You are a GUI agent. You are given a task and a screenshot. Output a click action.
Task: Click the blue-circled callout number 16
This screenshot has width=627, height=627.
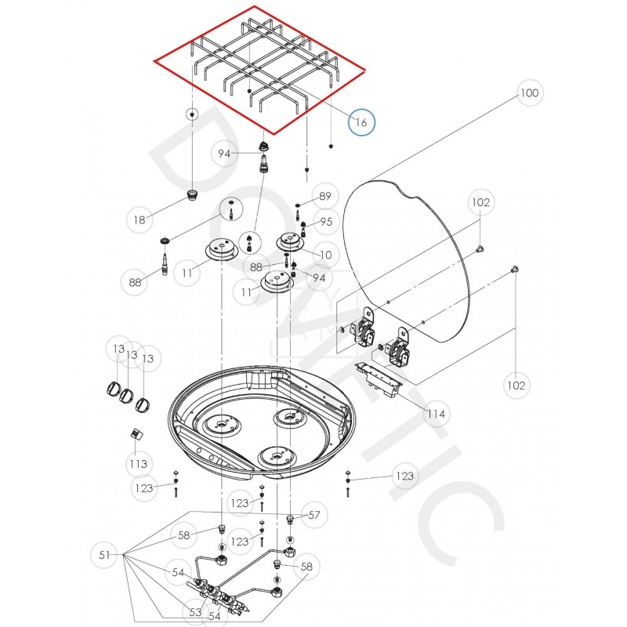361,122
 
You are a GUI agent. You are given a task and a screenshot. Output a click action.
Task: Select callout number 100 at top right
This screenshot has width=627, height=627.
530,93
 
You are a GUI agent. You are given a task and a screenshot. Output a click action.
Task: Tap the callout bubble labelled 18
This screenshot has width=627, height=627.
140,220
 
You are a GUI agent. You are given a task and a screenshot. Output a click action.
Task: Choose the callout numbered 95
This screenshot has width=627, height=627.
326,222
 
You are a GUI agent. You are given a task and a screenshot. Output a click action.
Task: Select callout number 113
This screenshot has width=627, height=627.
139,464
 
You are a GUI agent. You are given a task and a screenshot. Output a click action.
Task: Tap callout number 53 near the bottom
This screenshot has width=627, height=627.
195,611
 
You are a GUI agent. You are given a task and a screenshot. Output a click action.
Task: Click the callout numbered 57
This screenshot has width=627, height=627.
314,515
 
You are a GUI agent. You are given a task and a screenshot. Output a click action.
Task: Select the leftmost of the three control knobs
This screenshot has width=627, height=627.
113,390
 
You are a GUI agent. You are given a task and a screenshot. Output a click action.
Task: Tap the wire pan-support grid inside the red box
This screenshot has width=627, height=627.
259,67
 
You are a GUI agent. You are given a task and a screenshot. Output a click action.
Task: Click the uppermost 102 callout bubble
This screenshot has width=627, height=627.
480,202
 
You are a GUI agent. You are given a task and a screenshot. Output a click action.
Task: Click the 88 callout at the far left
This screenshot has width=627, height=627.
136,281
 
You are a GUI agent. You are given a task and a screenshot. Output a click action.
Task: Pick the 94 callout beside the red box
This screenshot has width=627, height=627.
225,154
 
